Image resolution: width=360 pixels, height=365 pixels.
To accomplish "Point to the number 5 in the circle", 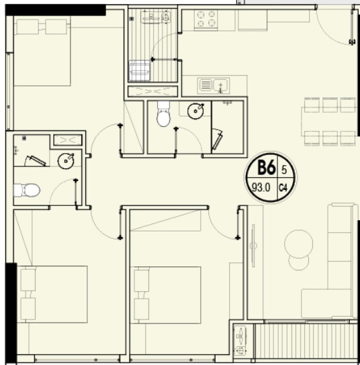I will pyautogui.click(x=284, y=169).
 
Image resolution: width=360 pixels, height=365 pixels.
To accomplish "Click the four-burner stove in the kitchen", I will pyautogui.click(x=206, y=19).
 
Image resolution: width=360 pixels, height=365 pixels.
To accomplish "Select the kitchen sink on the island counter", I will pyautogui.click(x=213, y=85).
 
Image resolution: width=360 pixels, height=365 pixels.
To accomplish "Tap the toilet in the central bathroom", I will pyautogui.click(x=163, y=116).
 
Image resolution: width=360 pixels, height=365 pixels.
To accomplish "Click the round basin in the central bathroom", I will pyautogui.click(x=196, y=110).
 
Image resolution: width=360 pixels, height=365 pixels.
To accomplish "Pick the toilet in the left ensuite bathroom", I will pyautogui.click(x=27, y=191).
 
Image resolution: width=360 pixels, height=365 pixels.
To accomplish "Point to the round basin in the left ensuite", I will pyautogui.click(x=66, y=160).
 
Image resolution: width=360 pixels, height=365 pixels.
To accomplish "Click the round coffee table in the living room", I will pyautogui.click(x=298, y=243).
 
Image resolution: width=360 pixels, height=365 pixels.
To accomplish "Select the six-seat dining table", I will pyautogui.click(x=329, y=121).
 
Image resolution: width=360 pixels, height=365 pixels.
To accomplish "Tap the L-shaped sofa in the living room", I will pyautogui.click(x=336, y=268).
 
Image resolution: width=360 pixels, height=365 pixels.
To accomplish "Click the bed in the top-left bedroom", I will pyautogui.click(x=42, y=52).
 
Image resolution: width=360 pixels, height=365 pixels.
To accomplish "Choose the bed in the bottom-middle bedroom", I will pyautogui.click(x=168, y=294).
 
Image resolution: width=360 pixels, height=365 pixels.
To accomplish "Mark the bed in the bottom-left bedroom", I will pyautogui.click(x=54, y=294).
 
